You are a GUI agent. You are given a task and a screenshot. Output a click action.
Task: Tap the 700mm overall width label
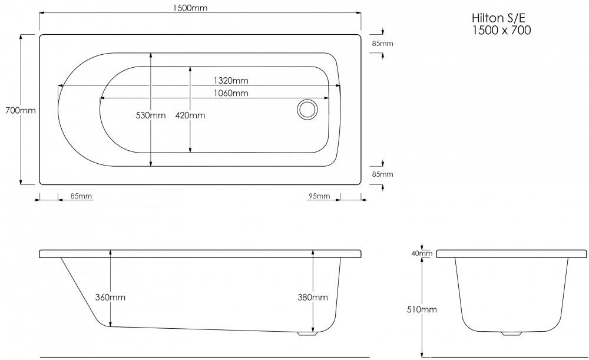pos(21,111)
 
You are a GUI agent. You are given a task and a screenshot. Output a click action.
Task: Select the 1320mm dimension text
pos(231,80)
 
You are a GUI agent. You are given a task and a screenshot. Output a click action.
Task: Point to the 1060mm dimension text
pos(231,93)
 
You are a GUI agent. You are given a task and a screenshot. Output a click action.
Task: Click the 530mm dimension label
pos(151,115)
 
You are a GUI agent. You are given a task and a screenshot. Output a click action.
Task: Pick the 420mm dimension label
pos(190,115)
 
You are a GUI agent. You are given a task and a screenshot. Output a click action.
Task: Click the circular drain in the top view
pos(307,110)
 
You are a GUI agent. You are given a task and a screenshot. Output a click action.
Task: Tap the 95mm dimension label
pos(319,196)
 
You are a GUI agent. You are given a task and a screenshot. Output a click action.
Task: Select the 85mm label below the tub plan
pos(81,196)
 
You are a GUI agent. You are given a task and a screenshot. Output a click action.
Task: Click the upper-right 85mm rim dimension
pos(382,44)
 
